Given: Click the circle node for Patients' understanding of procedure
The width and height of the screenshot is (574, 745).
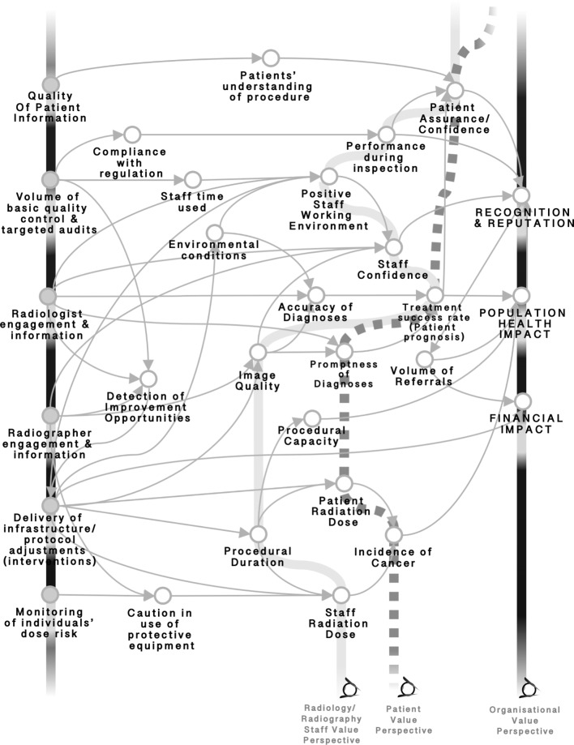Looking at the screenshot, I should tap(271, 58).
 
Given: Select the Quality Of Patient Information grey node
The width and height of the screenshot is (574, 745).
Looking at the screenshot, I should tap(50, 84).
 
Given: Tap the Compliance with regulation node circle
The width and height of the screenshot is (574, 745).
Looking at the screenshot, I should tap(132, 134).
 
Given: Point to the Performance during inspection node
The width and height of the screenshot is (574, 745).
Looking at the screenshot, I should tap(383, 134).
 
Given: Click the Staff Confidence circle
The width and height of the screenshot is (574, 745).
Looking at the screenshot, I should tap(393, 246).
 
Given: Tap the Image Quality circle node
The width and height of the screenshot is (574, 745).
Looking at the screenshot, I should tap(258, 353).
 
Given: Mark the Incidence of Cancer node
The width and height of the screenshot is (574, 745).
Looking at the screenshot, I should tap(393, 535).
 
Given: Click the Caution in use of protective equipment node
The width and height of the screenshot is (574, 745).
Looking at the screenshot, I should tap(162, 597).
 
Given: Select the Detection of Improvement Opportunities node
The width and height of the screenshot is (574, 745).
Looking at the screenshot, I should tap(148, 379).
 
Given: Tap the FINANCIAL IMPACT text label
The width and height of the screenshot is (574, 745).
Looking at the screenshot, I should tap(525, 424).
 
